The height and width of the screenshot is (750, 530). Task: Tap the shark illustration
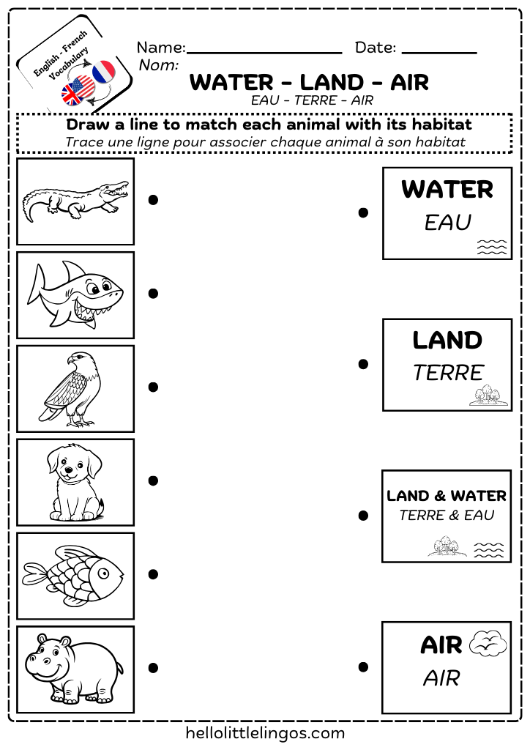point(75,295)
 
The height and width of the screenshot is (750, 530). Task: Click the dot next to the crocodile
point(153,200)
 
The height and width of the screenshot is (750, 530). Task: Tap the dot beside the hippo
point(153,667)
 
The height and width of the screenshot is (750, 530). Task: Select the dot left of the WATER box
point(362,213)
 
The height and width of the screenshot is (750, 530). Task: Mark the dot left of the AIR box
point(362,667)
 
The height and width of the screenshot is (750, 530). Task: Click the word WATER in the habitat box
point(447,190)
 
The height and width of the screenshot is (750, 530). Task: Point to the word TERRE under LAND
point(447,373)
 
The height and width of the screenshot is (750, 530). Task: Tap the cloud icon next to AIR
point(488,644)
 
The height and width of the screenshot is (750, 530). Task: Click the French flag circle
point(104,72)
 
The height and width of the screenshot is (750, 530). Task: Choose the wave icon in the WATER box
point(491,247)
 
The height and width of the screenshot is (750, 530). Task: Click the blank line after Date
point(439,53)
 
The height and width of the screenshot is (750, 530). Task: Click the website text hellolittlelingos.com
point(265,732)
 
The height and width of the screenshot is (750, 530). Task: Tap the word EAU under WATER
point(447,223)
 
